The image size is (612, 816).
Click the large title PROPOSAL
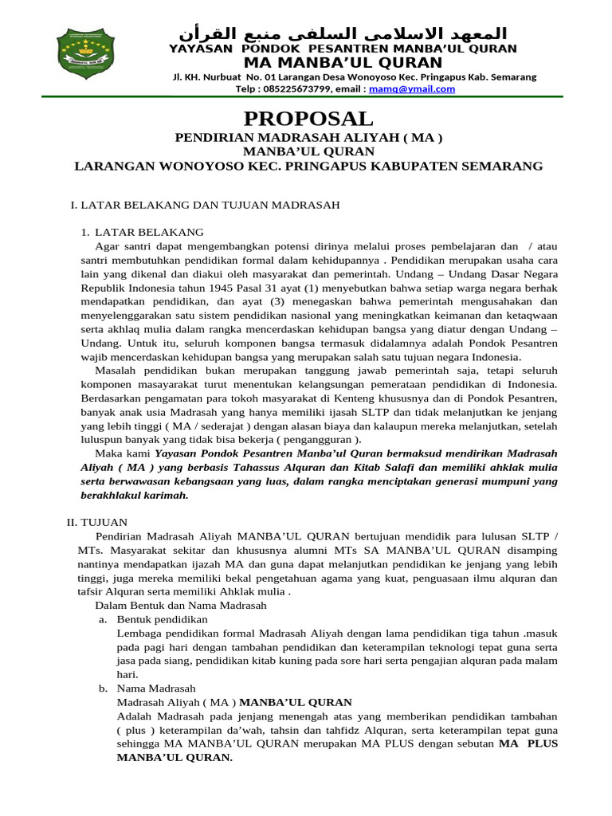(308, 119)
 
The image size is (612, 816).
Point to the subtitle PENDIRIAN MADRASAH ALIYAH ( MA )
(308, 138)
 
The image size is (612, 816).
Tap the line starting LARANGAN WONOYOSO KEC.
(308, 166)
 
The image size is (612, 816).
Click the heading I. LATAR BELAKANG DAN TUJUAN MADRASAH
(206, 205)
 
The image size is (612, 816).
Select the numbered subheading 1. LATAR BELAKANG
(143, 232)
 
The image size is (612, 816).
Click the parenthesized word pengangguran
(319, 439)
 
